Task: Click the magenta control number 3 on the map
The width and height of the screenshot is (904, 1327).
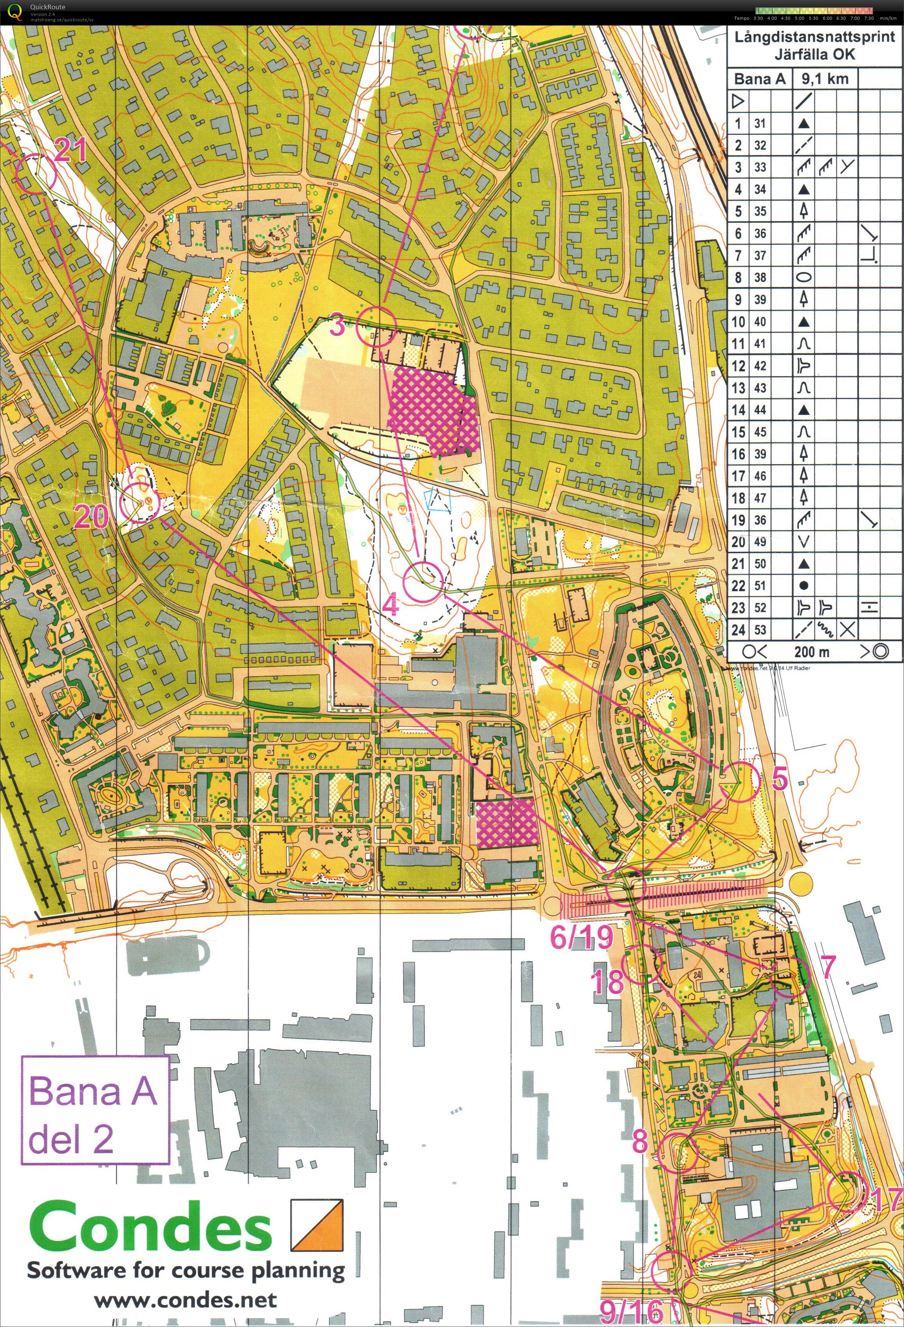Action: click(x=338, y=327)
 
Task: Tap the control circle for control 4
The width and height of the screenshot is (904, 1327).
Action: click(x=423, y=582)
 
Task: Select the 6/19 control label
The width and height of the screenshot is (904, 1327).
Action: click(x=581, y=937)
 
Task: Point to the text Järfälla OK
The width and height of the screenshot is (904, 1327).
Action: click(x=814, y=55)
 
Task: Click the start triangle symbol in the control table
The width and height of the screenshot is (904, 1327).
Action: click(x=738, y=102)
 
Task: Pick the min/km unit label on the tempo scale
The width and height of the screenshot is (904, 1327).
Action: click(x=888, y=18)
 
